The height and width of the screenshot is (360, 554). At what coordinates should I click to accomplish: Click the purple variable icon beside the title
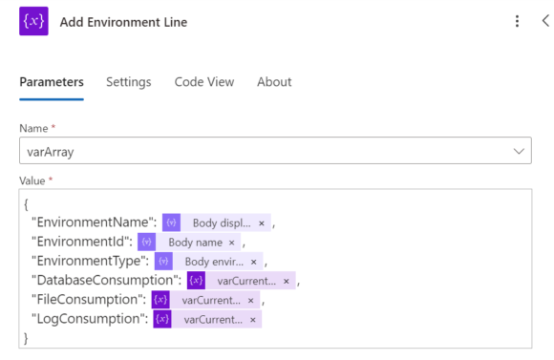[x=33, y=21]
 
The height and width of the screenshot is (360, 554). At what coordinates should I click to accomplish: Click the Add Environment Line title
[x=123, y=22]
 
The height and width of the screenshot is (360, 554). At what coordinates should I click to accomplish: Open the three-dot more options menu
[x=517, y=21]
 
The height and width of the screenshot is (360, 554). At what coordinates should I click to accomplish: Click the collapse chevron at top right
[x=544, y=21]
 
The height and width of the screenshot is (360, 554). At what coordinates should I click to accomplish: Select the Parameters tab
[x=52, y=82]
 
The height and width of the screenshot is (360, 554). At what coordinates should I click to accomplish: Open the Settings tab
[x=128, y=82]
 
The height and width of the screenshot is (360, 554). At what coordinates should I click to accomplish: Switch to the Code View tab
[x=203, y=82]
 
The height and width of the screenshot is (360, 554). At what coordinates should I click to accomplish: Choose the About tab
[x=274, y=82]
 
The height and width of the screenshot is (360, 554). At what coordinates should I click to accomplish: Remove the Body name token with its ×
[x=231, y=243]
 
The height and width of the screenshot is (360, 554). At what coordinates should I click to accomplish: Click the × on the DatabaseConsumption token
[x=286, y=281]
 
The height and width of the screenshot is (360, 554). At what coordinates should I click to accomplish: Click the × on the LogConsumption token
[x=252, y=319]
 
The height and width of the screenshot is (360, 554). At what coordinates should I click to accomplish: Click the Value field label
[x=33, y=180]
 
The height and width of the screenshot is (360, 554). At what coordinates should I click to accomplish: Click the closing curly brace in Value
[x=27, y=337]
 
